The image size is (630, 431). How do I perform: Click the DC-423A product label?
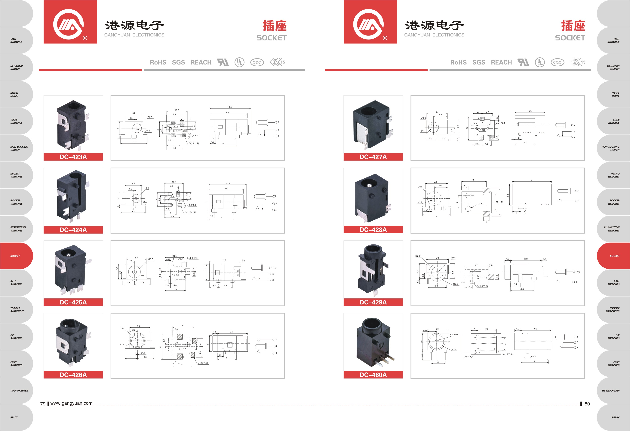coord(73,157)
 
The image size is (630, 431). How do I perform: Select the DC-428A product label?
coord(373,230)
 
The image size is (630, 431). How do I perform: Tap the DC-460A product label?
coord(373,375)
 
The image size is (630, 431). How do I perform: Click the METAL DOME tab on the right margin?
coord(615,94)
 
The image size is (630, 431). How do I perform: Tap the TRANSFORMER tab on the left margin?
coord(19,391)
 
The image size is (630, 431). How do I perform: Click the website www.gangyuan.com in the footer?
coord(71,403)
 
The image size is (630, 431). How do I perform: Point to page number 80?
coord(587,404)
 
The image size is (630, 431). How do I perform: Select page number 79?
coord(43,404)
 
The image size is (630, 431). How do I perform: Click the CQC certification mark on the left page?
coord(257,62)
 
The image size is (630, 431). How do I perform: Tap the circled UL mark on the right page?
coord(539,62)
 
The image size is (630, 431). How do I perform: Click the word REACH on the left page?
coord(201,62)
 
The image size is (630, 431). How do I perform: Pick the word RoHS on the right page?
coord(458,62)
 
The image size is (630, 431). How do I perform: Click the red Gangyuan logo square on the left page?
coord(70,22)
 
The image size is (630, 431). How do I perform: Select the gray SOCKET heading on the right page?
coord(570,38)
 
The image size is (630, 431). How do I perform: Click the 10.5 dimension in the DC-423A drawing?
coord(229,107)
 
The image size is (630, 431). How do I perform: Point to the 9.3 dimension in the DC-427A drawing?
coord(530,111)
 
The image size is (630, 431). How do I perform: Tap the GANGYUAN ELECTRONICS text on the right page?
coord(434,35)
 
